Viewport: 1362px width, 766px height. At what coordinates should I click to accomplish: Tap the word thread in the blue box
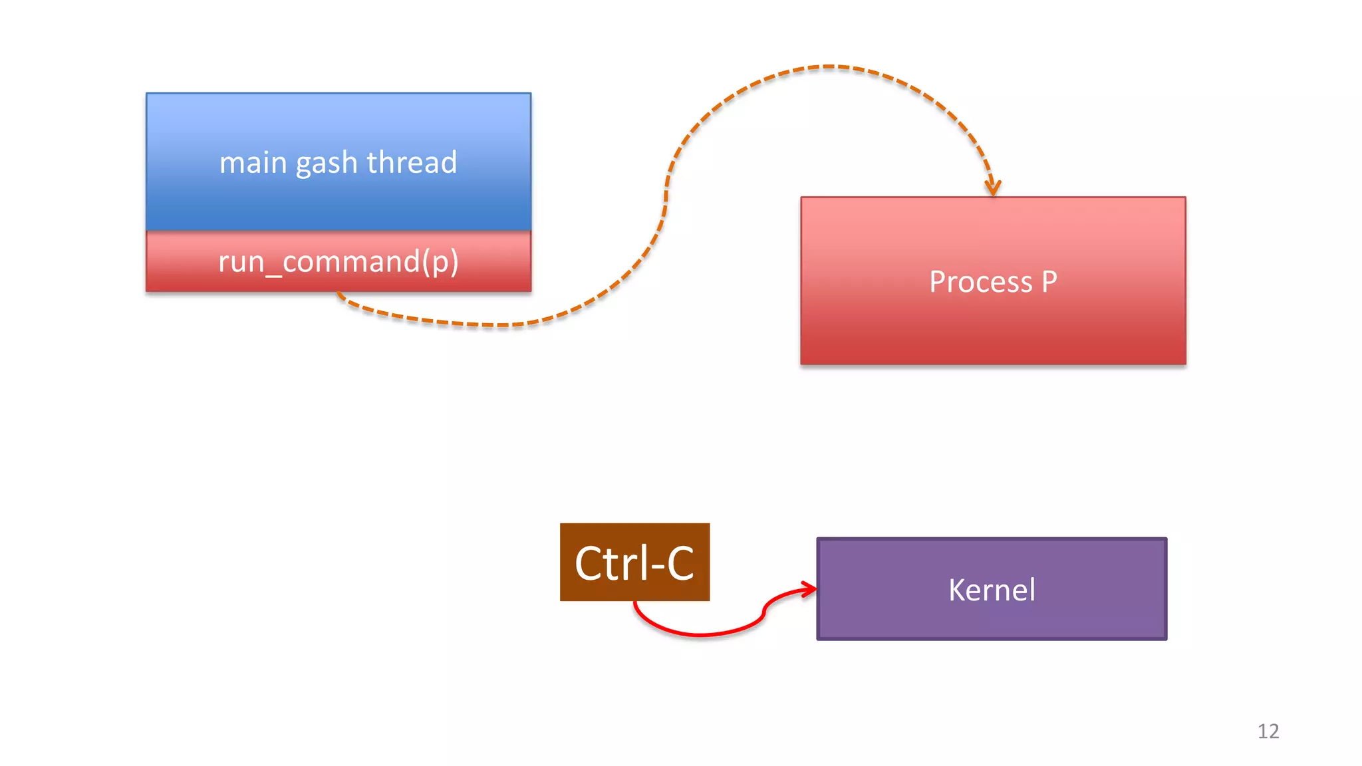coord(412,162)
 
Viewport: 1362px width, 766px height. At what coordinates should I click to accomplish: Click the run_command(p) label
coord(339,261)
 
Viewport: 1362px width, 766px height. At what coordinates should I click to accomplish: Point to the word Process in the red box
coord(980,282)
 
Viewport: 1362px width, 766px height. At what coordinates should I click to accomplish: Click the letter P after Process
coord(1049,282)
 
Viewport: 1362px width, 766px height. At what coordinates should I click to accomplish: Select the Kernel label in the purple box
coord(992,590)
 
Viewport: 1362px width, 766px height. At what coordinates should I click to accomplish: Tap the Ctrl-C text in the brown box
coord(634,563)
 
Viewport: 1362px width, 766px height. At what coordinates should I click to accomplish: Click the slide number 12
coord(1268,731)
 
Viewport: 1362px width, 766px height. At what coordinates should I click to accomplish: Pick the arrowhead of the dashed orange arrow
coord(993,189)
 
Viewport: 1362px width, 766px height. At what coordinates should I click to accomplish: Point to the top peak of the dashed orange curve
coord(828,66)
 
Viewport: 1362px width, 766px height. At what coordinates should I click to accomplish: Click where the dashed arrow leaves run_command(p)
coord(339,293)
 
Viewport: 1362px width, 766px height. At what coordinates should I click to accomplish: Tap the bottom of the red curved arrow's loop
coord(698,635)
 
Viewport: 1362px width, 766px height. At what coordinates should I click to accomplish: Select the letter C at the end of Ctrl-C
coord(680,564)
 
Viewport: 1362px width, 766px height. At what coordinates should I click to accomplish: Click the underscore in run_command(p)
coord(274,273)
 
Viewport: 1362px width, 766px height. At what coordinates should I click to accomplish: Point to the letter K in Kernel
coord(957,590)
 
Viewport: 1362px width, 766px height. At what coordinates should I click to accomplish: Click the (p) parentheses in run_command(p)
coord(440,262)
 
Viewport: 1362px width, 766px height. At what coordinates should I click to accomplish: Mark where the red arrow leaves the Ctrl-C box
coord(635,602)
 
